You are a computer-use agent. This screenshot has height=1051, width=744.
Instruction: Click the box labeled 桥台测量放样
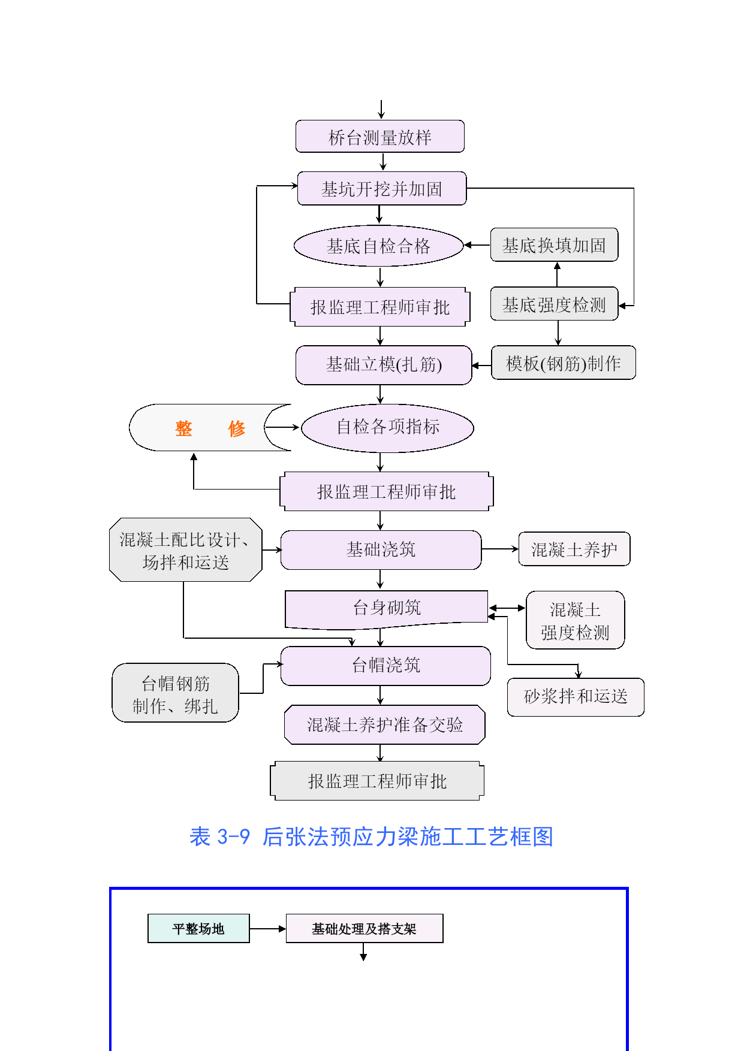(x=379, y=137)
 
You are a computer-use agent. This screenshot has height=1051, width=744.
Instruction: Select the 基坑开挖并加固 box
(x=382, y=189)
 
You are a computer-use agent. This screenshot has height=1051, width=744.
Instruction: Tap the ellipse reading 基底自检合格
(x=378, y=246)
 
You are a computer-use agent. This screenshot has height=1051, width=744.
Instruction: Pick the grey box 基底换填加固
(x=554, y=245)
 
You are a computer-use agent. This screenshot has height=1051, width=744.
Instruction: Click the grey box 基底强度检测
(x=554, y=304)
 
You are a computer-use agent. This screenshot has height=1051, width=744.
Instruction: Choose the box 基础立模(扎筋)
(x=384, y=364)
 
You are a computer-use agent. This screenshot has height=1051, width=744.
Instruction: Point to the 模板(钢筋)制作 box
(x=563, y=363)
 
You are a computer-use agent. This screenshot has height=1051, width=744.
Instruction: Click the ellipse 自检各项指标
(x=387, y=427)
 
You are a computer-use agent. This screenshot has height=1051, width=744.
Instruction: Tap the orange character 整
(x=183, y=428)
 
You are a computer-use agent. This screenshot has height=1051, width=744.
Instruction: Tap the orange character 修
(x=237, y=428)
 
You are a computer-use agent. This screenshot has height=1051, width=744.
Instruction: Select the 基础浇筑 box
(x=381, y=549)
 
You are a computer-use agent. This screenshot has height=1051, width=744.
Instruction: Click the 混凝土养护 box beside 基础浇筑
(x=574, y=549)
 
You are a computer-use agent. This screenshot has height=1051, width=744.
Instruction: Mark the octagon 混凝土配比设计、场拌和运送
(x=185, y=550)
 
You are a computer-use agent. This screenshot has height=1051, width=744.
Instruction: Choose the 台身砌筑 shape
(x=386, y=608)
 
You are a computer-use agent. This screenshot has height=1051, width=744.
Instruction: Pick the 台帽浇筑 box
(x=385, y=665)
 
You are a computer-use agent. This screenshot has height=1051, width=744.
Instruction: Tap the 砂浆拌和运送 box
(x=576, y=696)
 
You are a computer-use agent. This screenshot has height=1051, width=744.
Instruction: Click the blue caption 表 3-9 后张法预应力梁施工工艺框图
(x=371, y=836)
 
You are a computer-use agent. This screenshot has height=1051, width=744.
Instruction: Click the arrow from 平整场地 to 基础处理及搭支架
(x=267, y=929)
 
